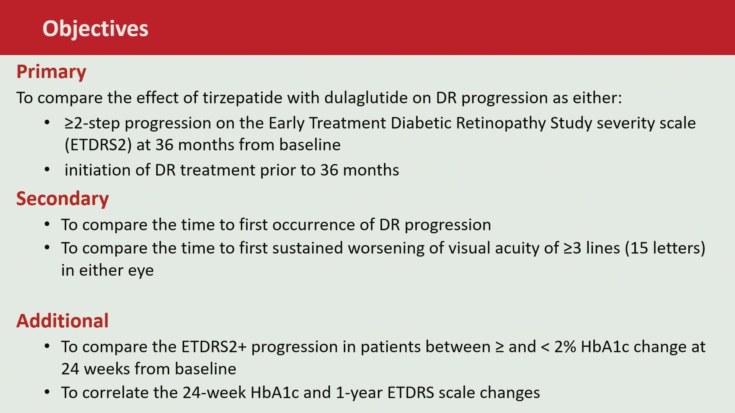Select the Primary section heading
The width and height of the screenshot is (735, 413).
pos(51,72)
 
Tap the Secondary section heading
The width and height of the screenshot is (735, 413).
pos(62,199)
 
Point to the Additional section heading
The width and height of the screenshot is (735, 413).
pos(62,320)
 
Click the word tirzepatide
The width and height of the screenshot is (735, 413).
pos(243,98)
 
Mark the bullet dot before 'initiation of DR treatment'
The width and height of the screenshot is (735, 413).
pos(47,169)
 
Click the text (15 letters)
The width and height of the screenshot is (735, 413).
pos(665,248)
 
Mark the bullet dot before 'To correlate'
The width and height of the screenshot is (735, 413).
pos(47,392)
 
